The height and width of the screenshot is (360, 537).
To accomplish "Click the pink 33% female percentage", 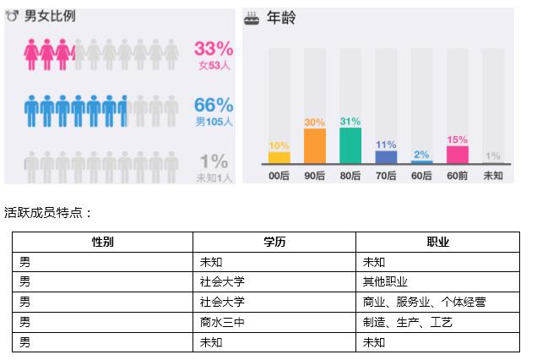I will pyautogui.click(x=213, y=48).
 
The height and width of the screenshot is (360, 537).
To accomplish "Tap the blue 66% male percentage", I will pyautogui.click(x=213, y=105).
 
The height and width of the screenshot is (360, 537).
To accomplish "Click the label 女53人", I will pyautogui.click(x=214, y=64).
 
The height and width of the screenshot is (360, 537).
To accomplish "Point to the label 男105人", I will pyautogui.click(x=214, y=121).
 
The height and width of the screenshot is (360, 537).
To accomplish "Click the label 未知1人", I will pyautogui.click(x=213, y=177).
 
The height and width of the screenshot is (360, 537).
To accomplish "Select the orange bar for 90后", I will pyautogui.click(x=315, y=146).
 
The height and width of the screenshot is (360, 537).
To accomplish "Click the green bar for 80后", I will pyautogui.click(x=350, y=145).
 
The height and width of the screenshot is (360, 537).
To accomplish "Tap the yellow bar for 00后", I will pyautogui.click(x=279, y=158).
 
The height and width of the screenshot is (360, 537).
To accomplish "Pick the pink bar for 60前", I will pyautogui.click(x=457, y=155).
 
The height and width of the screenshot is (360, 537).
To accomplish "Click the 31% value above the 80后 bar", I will pyautogui.click(x=350, y=121).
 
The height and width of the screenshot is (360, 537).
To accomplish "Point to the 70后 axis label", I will pyautogui.click(x=386, y=176).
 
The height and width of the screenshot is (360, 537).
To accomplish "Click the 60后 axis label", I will pyautogui.click(x=421, y=176).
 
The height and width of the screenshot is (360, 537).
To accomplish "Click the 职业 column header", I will pyautogui.click(x=437, y=242).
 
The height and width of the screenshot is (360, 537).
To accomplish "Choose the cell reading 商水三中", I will pyautogui.click(x=222, y=322).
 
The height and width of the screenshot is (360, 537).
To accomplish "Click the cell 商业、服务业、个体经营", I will pyautogui.click(x=424, y=302).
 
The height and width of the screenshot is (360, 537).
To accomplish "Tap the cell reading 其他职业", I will pyautogui.click(x=385, y=282).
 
